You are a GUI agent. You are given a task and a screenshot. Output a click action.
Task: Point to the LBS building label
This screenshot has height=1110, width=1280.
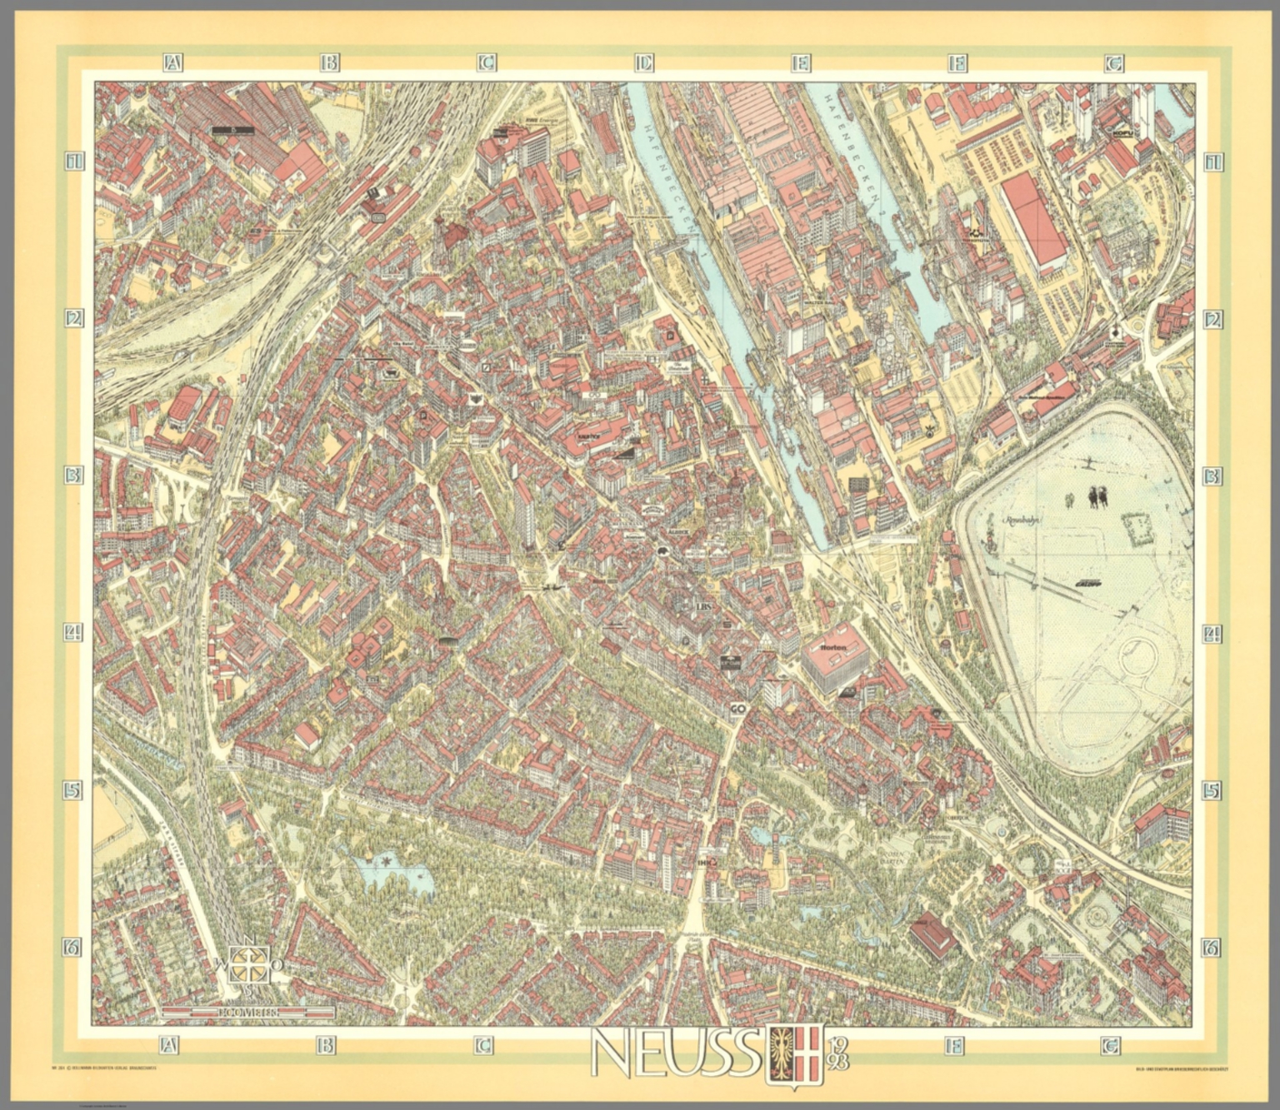click(x=704, y=607)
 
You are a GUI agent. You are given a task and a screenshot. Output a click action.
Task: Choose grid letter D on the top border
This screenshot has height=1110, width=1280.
click(x=642, y=62)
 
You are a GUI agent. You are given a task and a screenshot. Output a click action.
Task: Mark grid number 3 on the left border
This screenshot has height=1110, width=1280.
click(x=74, y=475)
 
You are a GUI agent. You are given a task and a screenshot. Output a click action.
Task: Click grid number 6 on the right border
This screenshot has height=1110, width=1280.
click(x=1211, y=947)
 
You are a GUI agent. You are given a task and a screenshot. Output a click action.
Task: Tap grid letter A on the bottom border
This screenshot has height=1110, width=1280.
click(x=170, y=1044)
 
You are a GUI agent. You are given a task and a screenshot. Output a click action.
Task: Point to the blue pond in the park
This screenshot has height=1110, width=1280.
click(x=392, y=874)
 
